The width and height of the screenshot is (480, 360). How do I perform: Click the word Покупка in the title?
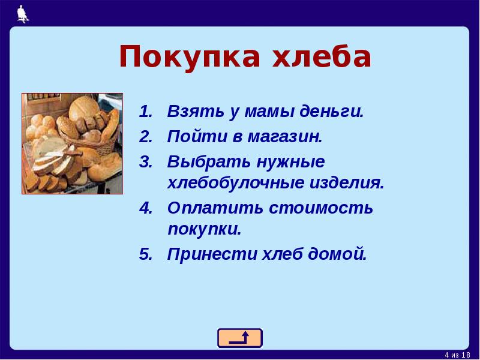(188, 58)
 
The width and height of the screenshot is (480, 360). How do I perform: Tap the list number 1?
(146, 112)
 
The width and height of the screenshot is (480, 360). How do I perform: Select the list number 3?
(146, 162)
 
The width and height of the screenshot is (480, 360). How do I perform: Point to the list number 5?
(146, 254)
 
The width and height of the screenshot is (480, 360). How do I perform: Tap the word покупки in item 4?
(204, 230)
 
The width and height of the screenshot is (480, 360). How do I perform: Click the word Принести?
(211, 254)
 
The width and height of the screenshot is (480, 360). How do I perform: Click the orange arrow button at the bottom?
(239, 338)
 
